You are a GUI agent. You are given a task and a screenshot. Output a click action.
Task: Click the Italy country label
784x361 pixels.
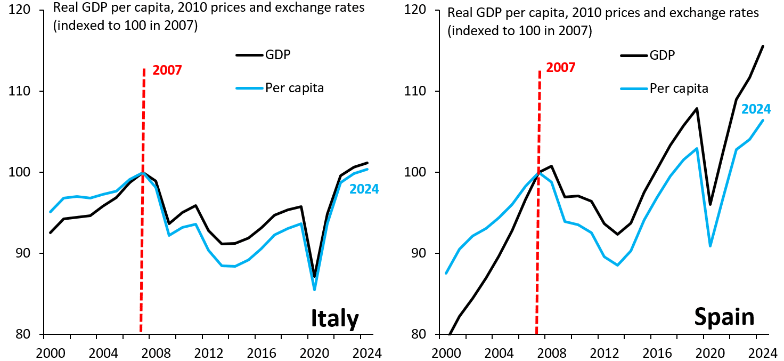(334, 318)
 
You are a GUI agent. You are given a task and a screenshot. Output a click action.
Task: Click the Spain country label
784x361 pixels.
(724, 317)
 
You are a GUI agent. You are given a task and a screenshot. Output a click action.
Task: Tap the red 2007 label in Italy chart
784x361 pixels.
(167, 70)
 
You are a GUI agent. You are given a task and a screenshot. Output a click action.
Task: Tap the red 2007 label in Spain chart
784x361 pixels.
(561, 68)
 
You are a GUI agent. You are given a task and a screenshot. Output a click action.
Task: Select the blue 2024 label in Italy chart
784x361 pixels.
(364, 189)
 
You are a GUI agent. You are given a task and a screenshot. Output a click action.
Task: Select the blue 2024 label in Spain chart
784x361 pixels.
(756, 109)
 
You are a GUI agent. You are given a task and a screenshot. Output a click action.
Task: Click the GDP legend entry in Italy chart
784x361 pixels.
(278, 54)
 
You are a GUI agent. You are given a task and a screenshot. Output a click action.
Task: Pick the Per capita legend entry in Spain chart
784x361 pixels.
(679, 88)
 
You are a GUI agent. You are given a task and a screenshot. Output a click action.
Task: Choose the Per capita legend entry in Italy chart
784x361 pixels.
(295, 88)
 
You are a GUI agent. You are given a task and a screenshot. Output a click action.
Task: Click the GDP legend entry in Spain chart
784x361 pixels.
(662, 54)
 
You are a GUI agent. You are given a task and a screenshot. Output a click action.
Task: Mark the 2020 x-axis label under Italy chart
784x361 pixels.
(314, 353)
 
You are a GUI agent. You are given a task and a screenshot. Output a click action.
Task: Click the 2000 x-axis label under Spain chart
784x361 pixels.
(446, 353)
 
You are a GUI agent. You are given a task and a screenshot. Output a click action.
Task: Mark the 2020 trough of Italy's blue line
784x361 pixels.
(315, 290)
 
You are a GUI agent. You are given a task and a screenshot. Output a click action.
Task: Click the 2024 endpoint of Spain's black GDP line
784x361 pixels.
(763, 46)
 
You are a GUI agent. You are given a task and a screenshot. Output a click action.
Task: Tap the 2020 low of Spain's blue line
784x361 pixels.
(710, 246)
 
